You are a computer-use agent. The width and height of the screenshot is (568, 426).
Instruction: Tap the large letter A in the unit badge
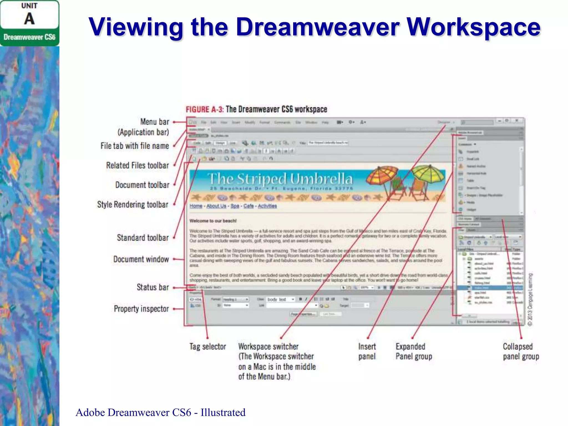click(29, 19)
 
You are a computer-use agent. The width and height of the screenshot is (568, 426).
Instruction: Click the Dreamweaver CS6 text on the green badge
click(29, 37)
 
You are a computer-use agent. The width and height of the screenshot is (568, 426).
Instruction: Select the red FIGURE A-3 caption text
click(204, 109)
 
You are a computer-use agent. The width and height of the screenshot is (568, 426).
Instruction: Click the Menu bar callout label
click(154, 122)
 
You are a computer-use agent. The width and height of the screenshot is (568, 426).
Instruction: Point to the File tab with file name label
click(135, 146)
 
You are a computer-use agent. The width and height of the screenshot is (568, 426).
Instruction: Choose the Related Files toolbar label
click(137, 166)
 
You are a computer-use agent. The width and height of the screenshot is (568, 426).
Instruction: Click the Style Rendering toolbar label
click(133, 205)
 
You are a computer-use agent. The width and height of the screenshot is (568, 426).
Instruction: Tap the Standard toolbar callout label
click(143, 238)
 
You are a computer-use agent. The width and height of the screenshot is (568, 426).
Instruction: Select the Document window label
click(141, 259)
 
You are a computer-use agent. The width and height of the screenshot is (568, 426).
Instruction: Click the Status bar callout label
click(153, 287)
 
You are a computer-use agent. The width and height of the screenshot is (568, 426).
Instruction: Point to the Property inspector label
click(141, 309)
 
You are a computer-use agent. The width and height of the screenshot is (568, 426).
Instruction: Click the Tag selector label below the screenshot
click(208, 346)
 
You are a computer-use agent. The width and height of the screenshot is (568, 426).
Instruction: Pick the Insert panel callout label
click(367, 351)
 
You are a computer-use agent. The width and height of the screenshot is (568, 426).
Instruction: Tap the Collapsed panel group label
click(521, 351)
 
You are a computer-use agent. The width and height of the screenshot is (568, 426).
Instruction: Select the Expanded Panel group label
click(414, 351)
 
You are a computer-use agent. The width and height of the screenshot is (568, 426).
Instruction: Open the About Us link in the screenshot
click(216, 206)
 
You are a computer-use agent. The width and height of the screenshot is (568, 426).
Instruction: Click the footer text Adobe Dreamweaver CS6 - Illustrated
click(160, 412)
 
